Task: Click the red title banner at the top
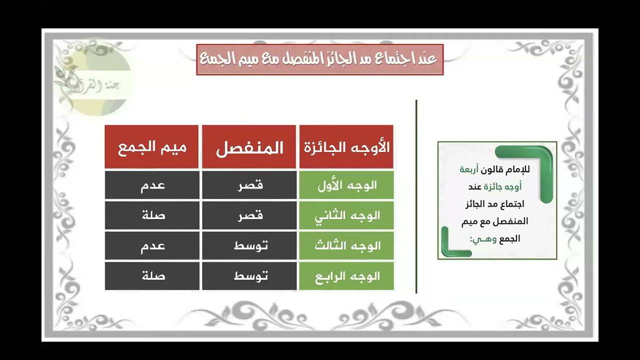(x=320, y=59)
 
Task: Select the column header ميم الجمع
(x=151, y=147)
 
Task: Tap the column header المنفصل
(x=249, y=147)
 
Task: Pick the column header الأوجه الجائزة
(x=346, y=147)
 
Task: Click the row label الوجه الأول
(x=346, y=185)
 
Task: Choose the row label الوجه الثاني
(x=346, y=215)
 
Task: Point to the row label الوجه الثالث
(x=346, y=245)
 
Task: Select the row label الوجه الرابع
(x=346, y=275)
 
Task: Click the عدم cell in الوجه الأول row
(x=151, y=185)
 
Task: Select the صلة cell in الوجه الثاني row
(x=151, y=215)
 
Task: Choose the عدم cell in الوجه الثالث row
(x=151, y=245)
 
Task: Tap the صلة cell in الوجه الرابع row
(x=151, y=275)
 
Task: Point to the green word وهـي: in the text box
(x=479, y=238)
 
